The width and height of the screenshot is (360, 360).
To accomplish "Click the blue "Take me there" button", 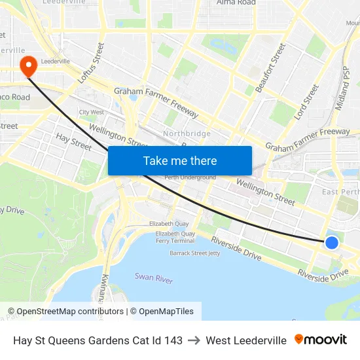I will point(180,160).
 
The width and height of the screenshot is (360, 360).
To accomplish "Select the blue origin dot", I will point(332,242).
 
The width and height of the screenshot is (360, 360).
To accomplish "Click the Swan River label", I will point(154,278).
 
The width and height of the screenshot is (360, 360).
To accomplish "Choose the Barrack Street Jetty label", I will point(195,253).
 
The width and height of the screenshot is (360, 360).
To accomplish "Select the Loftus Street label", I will point(91,62).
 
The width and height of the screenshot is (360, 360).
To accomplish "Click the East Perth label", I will point(340,192).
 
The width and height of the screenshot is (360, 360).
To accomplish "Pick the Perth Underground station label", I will point(190,177).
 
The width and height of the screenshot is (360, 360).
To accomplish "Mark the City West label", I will point(92,112).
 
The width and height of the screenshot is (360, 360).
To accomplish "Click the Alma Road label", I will point(236,3).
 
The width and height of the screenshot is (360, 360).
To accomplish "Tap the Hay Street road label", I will point(73,141).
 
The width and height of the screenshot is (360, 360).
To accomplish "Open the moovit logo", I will point(321,340).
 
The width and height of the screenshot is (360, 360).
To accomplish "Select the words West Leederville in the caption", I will point(246,340).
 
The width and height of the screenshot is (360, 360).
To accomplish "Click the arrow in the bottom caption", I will point(194,340).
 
